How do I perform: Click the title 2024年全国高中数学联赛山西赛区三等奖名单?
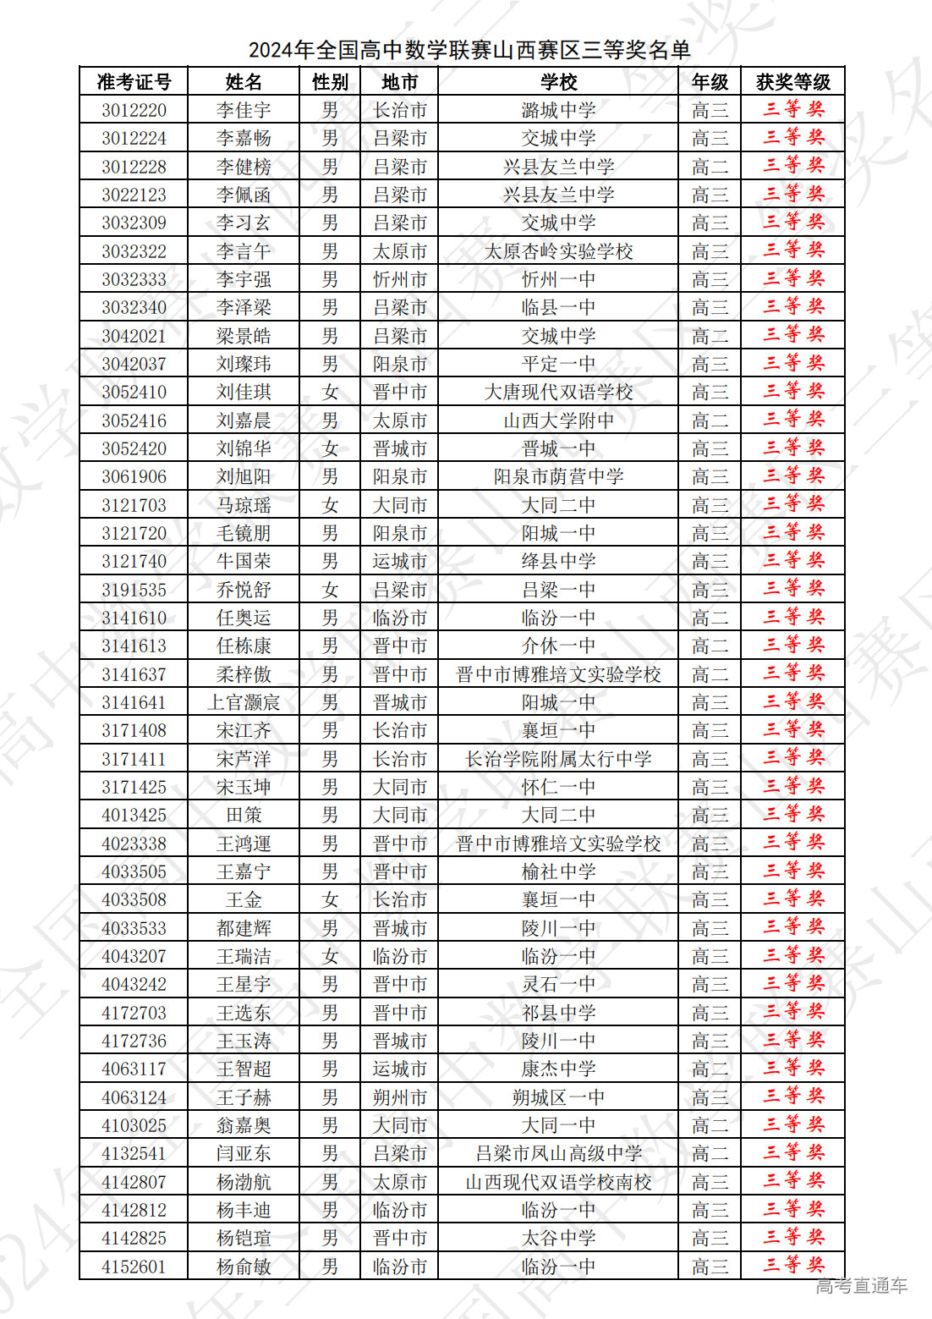point(469,50)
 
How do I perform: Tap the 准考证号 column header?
point(134,82)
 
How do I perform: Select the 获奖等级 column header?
point(792,82)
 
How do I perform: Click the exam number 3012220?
point(134,110)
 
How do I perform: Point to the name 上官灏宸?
point(244,702)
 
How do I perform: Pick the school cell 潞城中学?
point(558,110)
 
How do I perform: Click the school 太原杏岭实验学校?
point(558,251)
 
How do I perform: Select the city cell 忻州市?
point(400,279)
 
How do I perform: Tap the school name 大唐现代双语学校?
point(558,392)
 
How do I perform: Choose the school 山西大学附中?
point(558,420)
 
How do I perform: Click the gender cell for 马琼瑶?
point(330,505)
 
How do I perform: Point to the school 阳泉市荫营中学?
point(558,476)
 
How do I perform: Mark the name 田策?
point(244,815)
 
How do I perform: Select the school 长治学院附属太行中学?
point(558,759)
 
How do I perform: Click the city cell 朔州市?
point(400,1097)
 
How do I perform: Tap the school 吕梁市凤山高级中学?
point(558,1153)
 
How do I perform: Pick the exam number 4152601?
point(134,1267)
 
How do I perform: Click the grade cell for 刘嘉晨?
point(710,420)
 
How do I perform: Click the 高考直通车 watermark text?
point(861,1286)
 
